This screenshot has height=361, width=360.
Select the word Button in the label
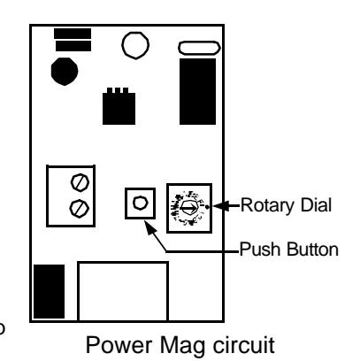(x=312, y=250)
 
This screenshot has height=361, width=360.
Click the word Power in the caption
(x=119, y=345)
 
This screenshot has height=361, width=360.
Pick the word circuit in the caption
(x=244, y=344)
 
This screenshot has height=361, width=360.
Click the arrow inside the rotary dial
(x=188, y=208)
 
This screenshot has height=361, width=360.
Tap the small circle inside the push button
(x=140, y=203)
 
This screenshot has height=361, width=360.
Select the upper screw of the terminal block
(x=80, y=182)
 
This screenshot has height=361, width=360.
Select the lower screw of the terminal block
(x=80, y=209)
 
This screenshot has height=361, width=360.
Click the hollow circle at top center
(x=135, y=45)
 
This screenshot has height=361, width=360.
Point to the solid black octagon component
(x=65, y=72)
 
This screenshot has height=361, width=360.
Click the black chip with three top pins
(x=119, y=106)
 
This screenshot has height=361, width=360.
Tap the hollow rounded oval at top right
(x=199, y=48)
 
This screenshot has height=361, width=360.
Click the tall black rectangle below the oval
(x=197, y=91)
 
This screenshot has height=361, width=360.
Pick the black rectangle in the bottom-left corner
(x=49, y=291)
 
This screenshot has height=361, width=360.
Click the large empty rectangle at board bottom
(x=123, y=291)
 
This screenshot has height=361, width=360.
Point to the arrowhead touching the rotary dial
(x=221, y=206)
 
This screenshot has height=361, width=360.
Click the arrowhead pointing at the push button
(x=151, y=228)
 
